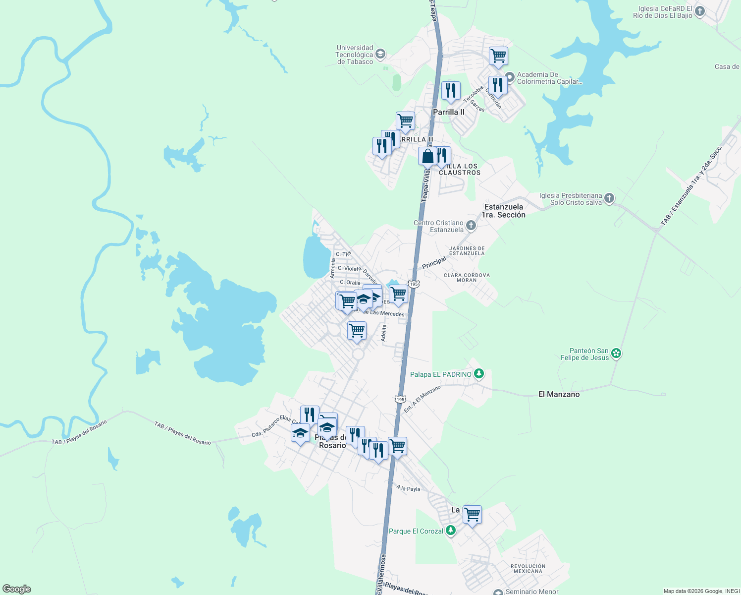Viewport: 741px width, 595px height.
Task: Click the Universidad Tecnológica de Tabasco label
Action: pos(355,55)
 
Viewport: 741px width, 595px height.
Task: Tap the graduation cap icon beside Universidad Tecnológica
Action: pos(380,54)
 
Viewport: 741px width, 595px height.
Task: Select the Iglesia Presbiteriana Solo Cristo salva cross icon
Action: pos(609,199)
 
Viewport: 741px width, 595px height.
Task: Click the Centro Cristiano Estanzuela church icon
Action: pos(471,226)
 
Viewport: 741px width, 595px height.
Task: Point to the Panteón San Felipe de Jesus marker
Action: pos(616,354)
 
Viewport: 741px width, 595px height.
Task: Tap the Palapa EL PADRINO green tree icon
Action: pos(478,374)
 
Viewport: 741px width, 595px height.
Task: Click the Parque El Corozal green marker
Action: pos(450,531)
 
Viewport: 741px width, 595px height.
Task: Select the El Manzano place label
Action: pos(559,394)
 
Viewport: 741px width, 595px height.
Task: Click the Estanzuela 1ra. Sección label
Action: pos(504,211)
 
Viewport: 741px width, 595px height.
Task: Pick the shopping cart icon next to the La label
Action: pos(472,515)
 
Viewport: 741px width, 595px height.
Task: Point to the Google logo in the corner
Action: pos(17,589)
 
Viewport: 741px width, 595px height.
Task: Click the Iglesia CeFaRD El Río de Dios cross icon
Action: pos(700,11)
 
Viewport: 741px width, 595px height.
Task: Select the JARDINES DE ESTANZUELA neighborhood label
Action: pos(467,251)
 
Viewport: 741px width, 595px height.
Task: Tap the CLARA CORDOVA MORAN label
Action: pos(467,278)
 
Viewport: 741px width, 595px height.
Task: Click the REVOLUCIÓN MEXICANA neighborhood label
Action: pos(528,569)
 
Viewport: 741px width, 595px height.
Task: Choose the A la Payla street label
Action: pos(408,488)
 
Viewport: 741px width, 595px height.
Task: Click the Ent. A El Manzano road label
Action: pos(422,399)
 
